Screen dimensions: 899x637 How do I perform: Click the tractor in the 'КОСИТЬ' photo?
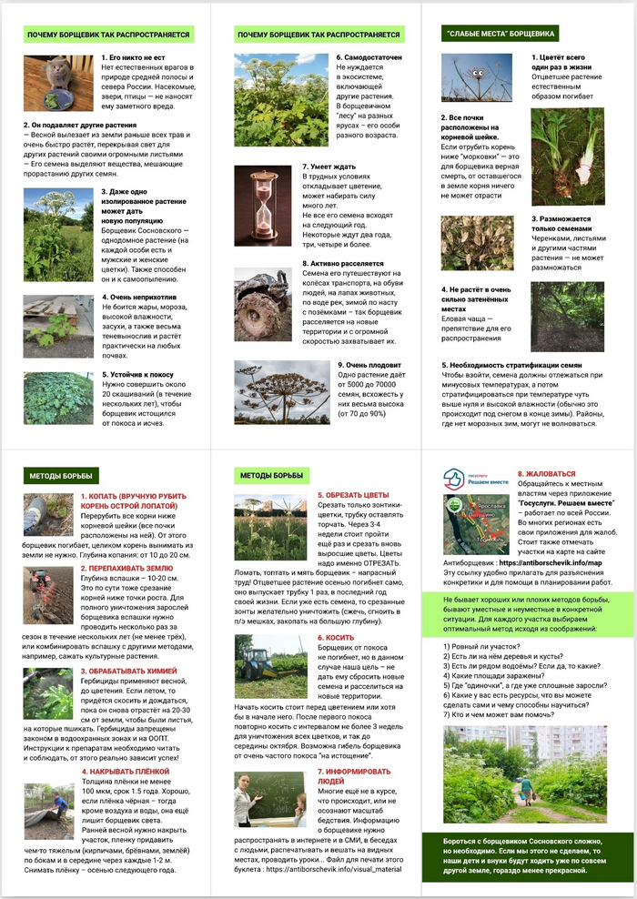[x=257, y=654]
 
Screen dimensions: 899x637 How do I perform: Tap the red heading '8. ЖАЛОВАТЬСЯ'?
[x=546, y=474]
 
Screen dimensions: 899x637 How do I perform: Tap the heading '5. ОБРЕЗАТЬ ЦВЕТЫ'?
[x=356, y=495]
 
